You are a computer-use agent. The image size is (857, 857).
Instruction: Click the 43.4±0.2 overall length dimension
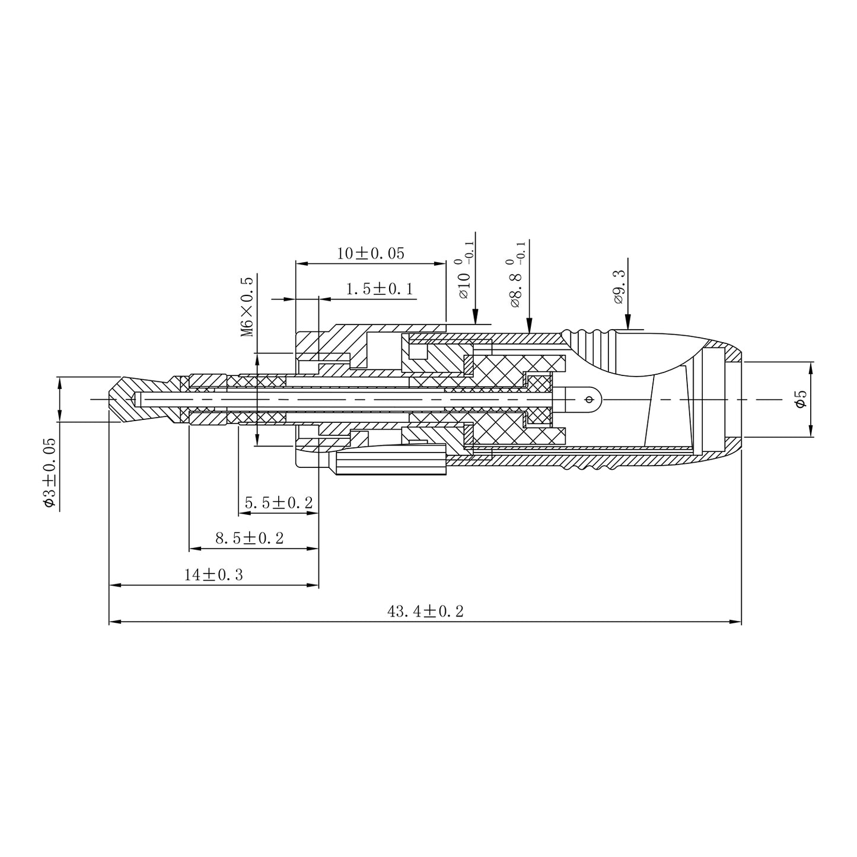pos(425,611)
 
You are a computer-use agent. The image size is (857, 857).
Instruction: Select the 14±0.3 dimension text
pos(214,575)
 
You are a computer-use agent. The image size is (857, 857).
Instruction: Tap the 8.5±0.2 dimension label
pos(250,539)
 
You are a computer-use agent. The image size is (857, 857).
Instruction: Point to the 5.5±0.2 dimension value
pos(279,503)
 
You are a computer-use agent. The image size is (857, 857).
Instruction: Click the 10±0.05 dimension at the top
pos(371,253)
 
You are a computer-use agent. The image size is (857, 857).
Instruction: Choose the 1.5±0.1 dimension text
pos(380,289)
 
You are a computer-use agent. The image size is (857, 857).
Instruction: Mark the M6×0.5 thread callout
pos(247,307)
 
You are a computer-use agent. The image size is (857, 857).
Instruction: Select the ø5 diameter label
pos(801,399)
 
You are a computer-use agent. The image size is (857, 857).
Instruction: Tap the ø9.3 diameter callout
pos(619,287)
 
